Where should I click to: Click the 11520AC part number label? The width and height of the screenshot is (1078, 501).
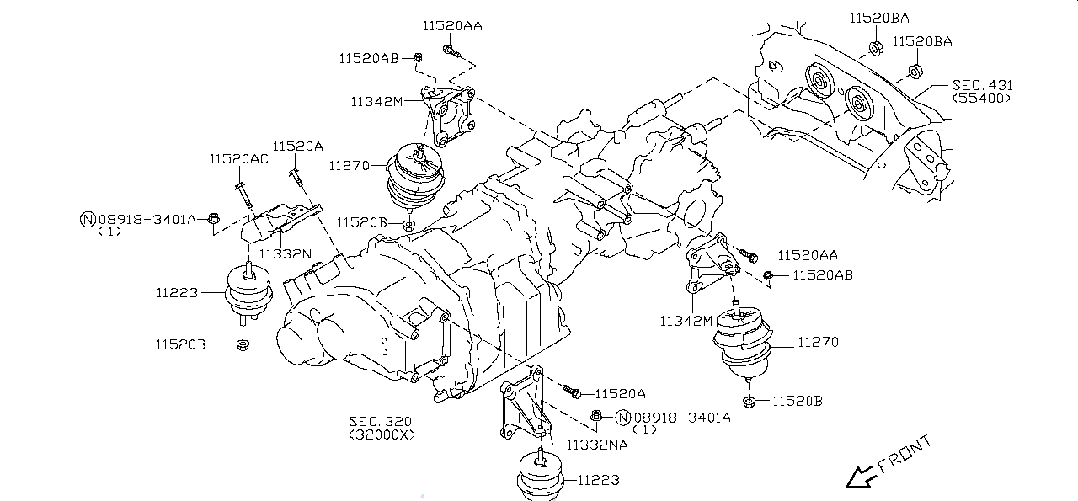tap(239, 159)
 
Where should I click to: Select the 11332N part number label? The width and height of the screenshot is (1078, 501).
tap(285, 253)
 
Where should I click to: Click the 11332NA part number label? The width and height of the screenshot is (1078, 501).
tap(601, 444)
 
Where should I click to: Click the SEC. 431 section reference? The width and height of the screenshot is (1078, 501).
tap(983, 85)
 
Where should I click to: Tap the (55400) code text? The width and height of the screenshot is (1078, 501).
tap(981, 99)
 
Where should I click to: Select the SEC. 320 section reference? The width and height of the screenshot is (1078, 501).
tap(382, 420)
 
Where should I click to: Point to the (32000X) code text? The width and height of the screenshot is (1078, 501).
tap(382, 434)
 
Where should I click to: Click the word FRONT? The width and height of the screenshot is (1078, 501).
tap(905, 453)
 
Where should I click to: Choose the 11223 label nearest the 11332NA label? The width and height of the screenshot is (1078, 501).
tap(598, 481)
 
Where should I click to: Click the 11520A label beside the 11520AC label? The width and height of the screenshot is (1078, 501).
tap(297, 146)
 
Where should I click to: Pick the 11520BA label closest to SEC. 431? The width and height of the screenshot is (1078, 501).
tap(921, 41)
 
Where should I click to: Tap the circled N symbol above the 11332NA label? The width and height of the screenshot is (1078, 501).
tap(622, 417)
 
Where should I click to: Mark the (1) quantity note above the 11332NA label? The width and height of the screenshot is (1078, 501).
tap(644, 429)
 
